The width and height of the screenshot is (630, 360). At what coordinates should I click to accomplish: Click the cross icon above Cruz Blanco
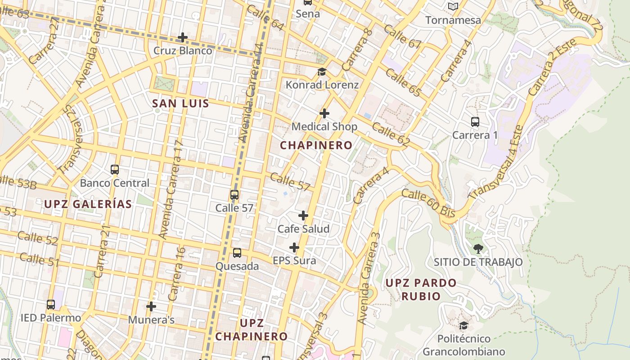(x=183, y=37)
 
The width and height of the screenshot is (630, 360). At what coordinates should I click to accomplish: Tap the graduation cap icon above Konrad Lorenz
(x=322, y=72)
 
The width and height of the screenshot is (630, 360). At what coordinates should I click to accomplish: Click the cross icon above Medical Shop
(x=324, y=113)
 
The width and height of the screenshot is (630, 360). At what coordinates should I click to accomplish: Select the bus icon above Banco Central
(x=115, y=170)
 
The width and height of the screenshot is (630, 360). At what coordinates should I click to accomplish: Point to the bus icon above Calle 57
(x=234, y=195)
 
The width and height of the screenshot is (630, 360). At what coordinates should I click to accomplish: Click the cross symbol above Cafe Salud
(x=303, y=216)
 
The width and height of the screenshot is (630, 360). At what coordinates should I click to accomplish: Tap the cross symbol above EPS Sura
(x=294, y=247)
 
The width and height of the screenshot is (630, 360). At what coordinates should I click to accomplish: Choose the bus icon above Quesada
(x=237, y=253)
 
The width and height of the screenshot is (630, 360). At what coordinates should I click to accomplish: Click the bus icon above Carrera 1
(x=475, y=122)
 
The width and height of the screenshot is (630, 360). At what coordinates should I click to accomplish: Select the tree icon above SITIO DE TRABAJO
(x=478, y=248)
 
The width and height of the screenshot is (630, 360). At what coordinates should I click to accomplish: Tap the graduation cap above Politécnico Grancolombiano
(x=463, y=325)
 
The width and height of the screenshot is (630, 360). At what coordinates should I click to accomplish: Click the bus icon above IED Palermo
(x=51, y=305)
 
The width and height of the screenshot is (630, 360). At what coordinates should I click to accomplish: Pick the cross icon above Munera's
(x=151, y=306)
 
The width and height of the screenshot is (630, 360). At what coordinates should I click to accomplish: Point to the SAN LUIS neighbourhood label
(x=180, y=103)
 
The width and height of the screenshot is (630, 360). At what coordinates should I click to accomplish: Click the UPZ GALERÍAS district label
(x=88, y=204)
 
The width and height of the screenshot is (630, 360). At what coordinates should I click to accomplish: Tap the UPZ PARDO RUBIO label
(x=421, y=289)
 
